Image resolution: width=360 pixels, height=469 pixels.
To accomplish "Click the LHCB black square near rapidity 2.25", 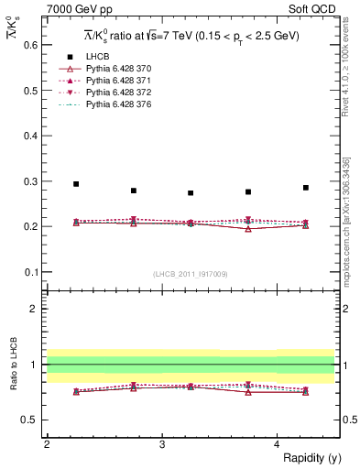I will coord(76,184).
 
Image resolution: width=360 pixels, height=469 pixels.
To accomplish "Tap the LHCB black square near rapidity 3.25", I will coord(191,193).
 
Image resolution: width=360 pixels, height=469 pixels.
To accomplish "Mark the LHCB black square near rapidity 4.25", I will coord(306,188).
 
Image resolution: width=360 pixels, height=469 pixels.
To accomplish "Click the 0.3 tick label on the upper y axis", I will coord(30,180).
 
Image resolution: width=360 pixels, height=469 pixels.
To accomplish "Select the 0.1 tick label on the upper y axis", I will coord(30,271).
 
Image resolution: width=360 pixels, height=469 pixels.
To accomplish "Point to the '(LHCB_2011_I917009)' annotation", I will coord(191,274).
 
